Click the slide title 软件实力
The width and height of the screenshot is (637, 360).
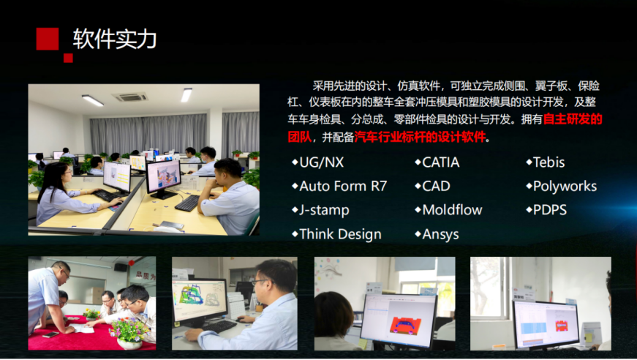click(x=115, y=39)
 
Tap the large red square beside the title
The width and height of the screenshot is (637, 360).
click(x=48, y=39)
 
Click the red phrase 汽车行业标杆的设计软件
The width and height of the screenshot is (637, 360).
click(x=420, y=137)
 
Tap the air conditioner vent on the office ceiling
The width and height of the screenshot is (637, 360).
click(x=129, y=97)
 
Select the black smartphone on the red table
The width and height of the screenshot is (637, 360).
click(x=51, y=335)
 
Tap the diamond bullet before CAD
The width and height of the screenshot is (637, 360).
click(x=418, y=186)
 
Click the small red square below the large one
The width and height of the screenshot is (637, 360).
click(x=68, y=58)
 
